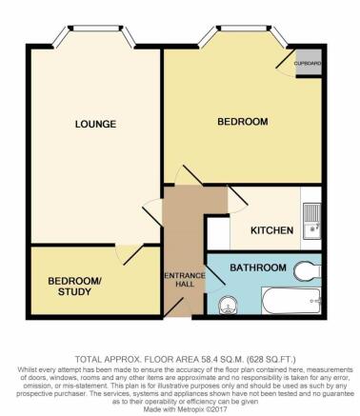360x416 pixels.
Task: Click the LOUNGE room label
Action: pyautogui.click(x=96, y=124)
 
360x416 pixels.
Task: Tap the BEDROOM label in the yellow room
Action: pyautogui.click(x=242, y=122)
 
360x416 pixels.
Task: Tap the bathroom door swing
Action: pyautogui.click(x=218, y=269)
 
